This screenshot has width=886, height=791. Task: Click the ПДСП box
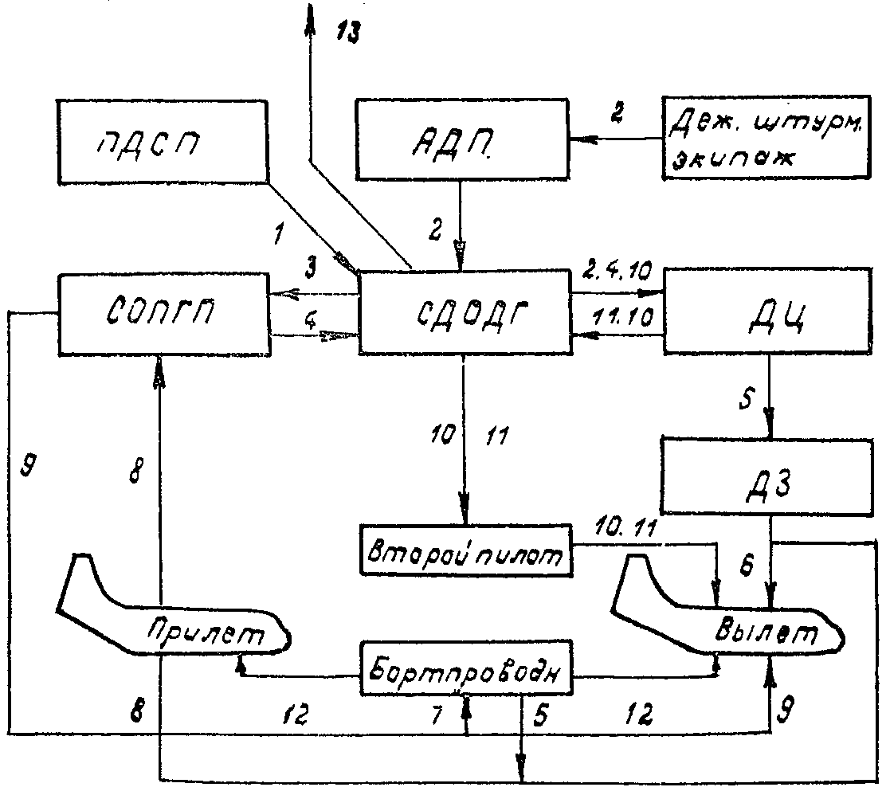click(163, 142)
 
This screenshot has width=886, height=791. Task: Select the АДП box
click(462, 139)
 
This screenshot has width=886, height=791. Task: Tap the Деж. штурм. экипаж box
click(766, 138)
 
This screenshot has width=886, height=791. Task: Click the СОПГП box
click(164, 314)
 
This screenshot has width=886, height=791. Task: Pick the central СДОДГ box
click(465, 312)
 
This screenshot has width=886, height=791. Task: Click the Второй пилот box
click(465, 550)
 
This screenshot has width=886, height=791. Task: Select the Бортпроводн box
click(466, 668)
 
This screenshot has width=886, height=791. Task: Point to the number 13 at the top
click(347, 33)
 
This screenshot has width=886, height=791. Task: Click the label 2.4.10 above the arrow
click(617, 272)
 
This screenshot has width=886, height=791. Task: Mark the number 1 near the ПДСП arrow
click(277, 233)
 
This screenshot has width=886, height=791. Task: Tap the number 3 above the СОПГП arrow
click(311, 267)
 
